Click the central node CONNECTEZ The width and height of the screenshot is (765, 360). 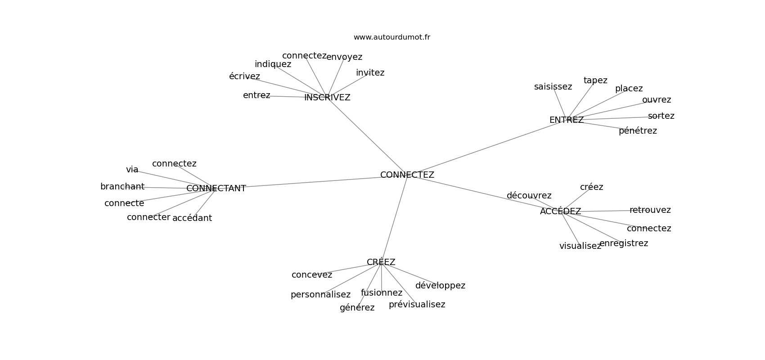(407, 175)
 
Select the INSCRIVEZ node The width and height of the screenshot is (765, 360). (327, 98)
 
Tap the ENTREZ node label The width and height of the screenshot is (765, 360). (567, 120)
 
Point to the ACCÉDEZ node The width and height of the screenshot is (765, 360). (560, 211)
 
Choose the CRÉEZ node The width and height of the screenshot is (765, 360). (381, 262)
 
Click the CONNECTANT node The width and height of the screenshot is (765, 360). (216, 189)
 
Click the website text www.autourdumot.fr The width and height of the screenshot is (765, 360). (391, 37)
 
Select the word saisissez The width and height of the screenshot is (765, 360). (553, 87)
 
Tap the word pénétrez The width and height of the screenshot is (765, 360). (638, 131)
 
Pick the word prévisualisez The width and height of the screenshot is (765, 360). (417, 304)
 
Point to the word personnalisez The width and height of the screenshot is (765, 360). (320, 295)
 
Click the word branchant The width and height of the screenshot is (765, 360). (122, 187)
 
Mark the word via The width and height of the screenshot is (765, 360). (132, 169)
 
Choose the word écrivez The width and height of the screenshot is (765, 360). (244, 76)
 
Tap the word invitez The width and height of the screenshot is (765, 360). (370, 73)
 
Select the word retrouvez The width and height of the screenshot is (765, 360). (650, 210)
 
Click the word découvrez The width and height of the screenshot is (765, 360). (529, 195)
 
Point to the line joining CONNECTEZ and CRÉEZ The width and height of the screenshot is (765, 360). (394, 219)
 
